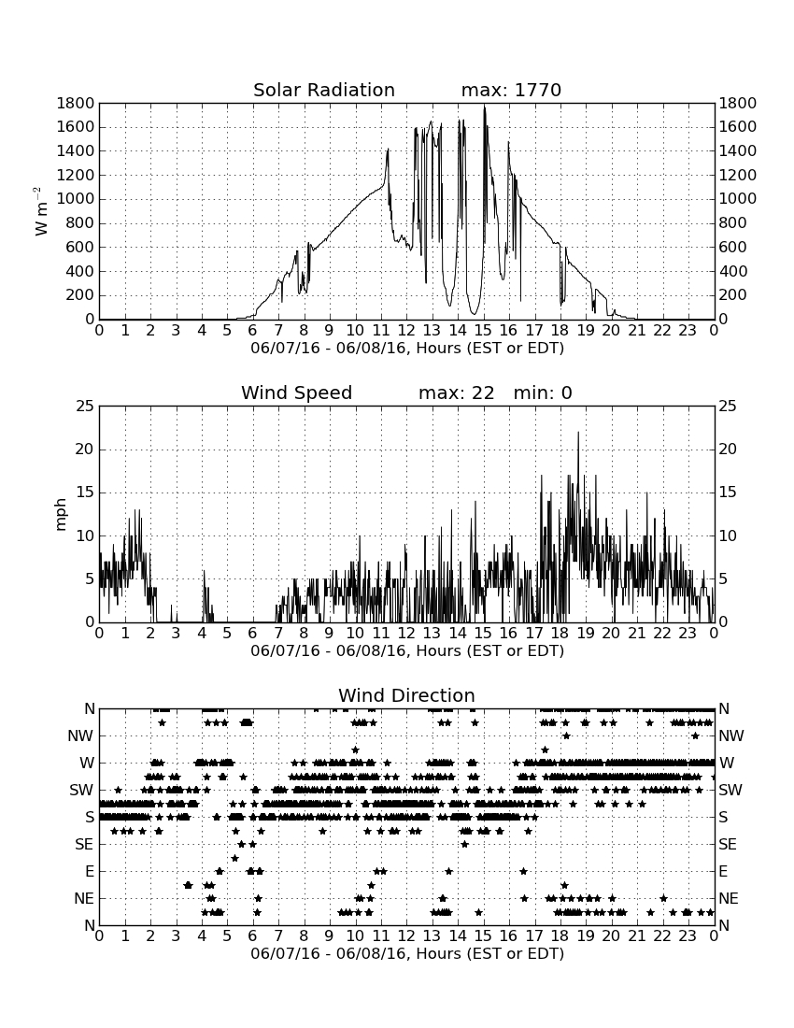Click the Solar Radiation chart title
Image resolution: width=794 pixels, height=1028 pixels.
[x=324, y=90]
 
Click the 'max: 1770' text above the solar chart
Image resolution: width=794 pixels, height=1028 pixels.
[x=511, y=90]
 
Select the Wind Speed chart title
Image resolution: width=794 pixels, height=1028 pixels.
[x=297, y=393]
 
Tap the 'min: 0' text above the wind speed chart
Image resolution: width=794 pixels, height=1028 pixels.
[x=543, y=393]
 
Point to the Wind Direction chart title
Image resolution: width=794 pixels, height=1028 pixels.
[x=407, y=695]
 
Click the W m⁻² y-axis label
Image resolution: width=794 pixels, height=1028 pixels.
[x=40, y=211]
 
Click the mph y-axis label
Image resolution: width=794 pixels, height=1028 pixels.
[x=61, y=515]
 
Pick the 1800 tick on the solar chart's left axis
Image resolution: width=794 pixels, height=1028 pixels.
[x=76, y=104]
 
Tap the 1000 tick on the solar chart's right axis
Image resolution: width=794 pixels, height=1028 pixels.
[x=738, y=199]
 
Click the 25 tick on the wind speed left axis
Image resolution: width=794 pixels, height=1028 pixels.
[x=85, y=407]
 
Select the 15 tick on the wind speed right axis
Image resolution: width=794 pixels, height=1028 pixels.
[x=728, y=493]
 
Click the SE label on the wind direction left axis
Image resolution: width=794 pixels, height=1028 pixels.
[x=84, y=845]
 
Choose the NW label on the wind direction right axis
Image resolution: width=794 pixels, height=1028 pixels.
[x=731, y=736]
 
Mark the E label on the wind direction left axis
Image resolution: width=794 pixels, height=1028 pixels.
[x=90, y=871]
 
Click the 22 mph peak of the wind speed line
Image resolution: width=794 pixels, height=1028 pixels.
[x=578, y=433]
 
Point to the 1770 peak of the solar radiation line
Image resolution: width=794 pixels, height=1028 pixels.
[x=485, y=107]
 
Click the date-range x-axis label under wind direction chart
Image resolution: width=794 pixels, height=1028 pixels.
[x=407, y=953]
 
